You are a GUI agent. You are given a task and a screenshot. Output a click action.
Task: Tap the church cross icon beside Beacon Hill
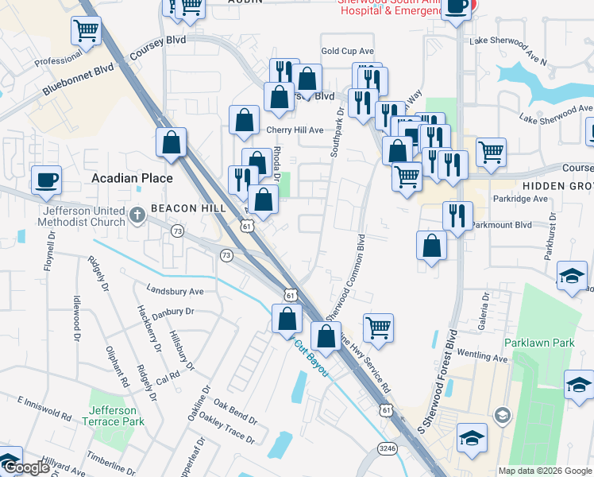[137, 213]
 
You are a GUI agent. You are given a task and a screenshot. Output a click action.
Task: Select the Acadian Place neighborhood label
[132, 178]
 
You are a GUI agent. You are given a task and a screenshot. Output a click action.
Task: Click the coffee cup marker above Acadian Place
[46, 179]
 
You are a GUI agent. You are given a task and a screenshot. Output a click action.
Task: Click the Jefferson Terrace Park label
[117, 415]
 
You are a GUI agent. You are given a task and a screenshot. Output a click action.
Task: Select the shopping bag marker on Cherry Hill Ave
[245, 120]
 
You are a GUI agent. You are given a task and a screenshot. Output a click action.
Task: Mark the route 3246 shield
[388, 449]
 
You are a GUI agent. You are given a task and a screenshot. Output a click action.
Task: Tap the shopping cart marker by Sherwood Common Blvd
[378, 327]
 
